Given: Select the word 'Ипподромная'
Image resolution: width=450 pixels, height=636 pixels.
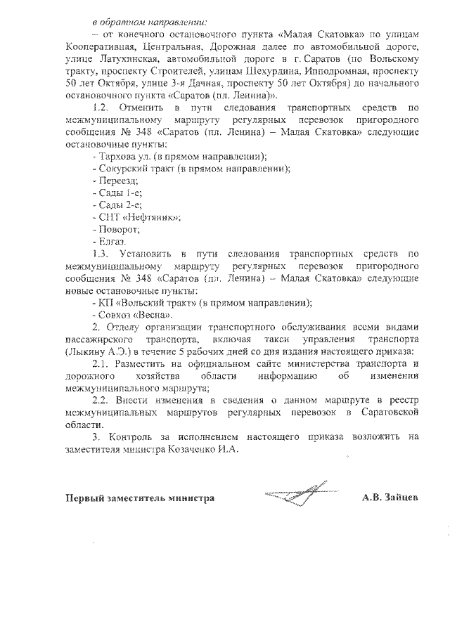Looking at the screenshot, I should click(x=330, y=70).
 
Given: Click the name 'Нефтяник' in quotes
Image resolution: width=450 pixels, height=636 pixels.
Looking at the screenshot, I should click(x=150, y=216).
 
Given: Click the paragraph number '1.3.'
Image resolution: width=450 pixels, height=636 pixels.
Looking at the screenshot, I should click(x=103, y=253).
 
